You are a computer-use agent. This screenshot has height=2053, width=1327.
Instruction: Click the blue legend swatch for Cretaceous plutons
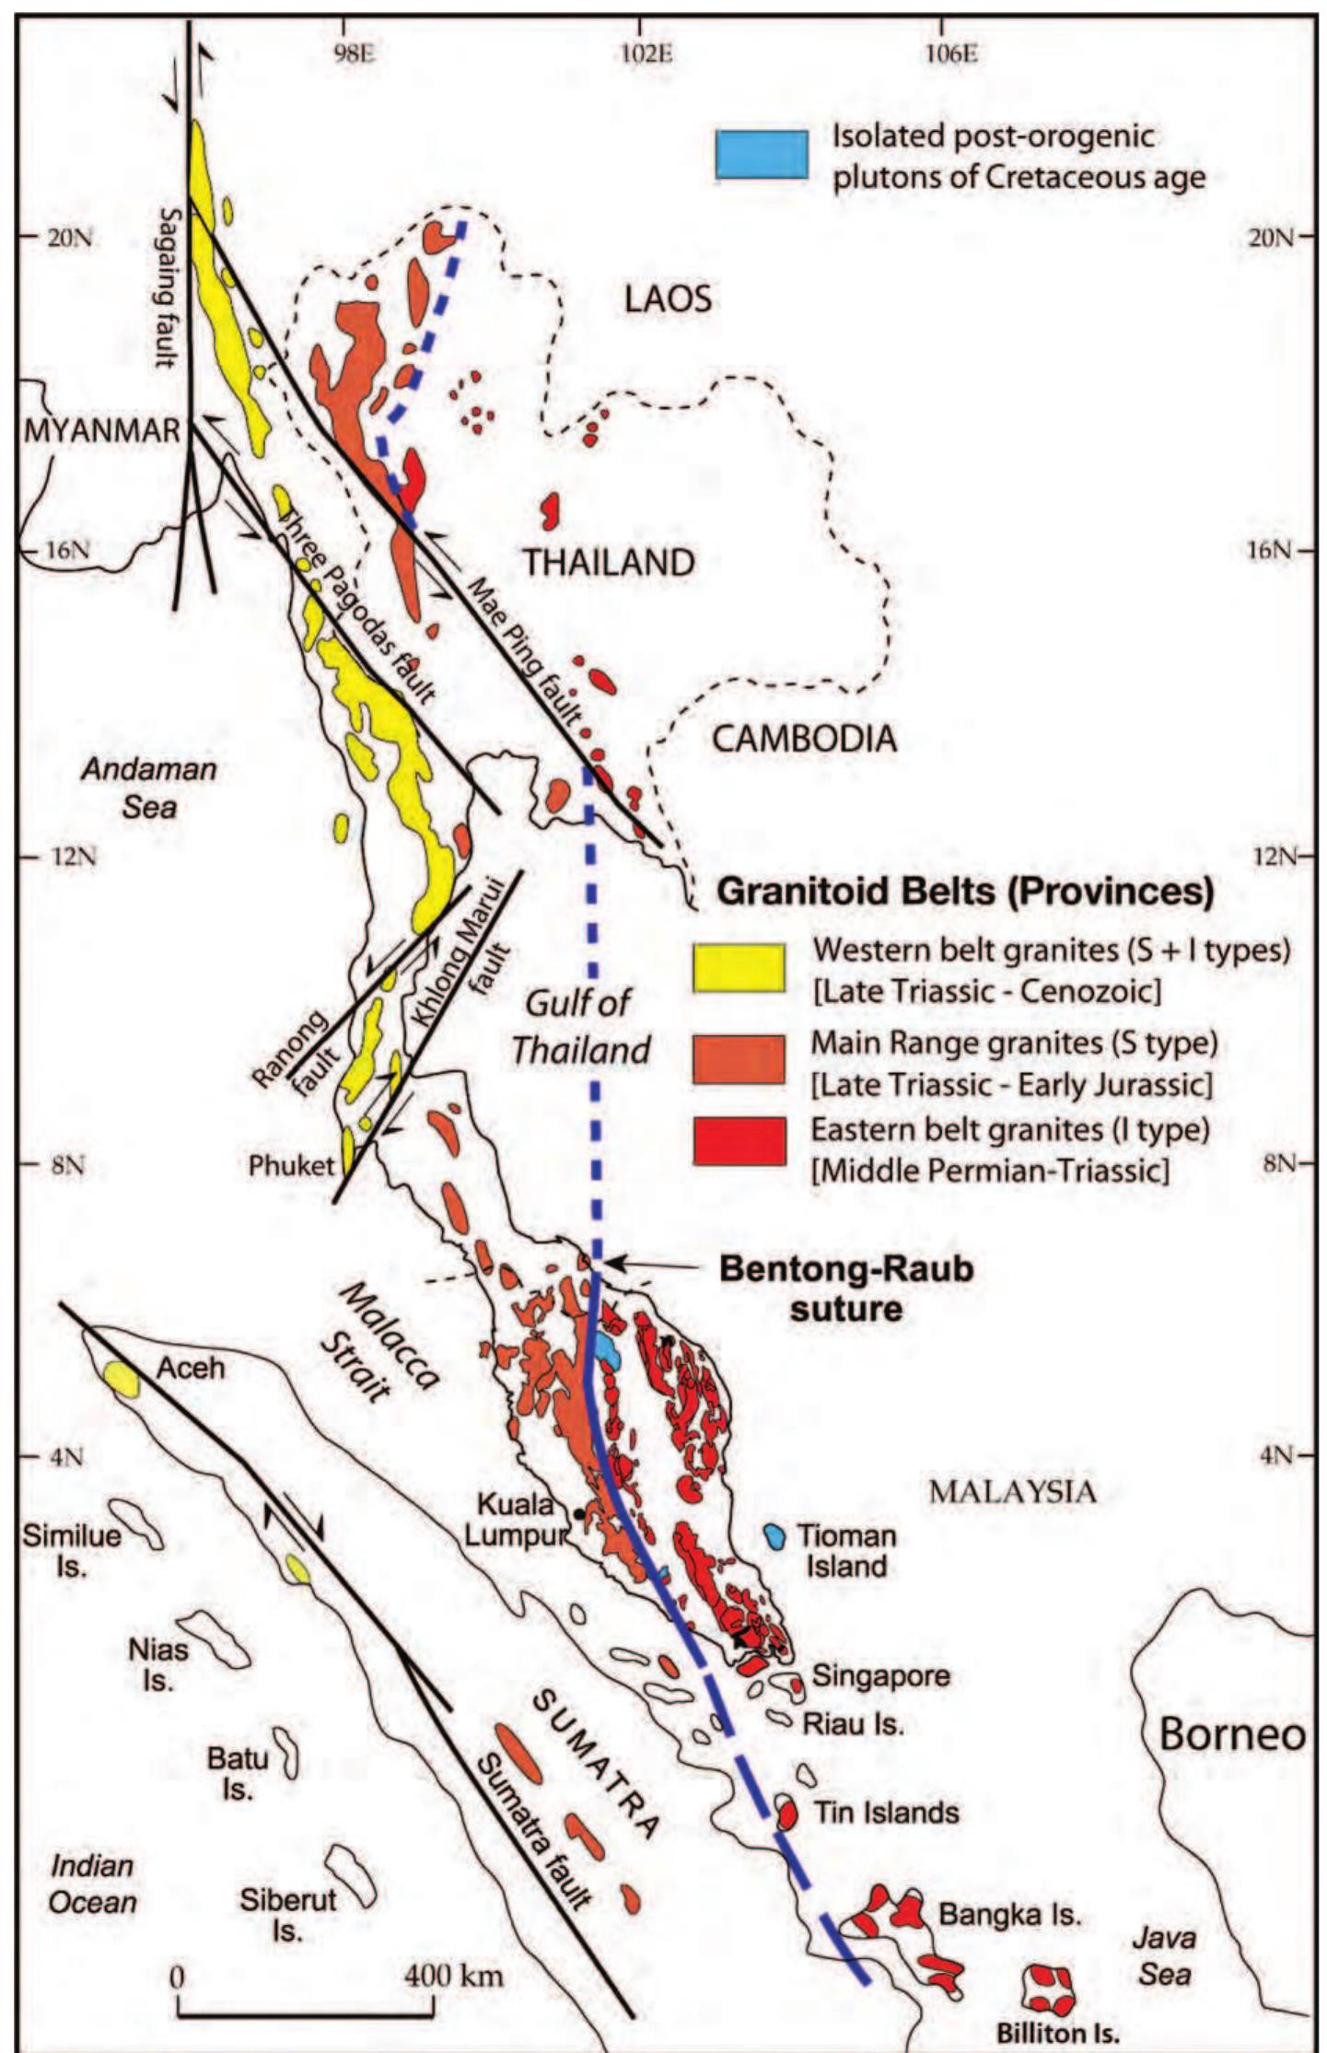pyautogui.click(x=762, y=154)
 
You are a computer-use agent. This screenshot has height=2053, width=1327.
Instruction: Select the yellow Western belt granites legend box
pyautogui.click(x=739, y=968)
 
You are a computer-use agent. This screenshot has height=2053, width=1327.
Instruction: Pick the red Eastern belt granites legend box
pyautogui.click(x=739, y=1141)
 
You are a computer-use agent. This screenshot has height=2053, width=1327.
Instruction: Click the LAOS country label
pyautogui.click(x=668, y=299)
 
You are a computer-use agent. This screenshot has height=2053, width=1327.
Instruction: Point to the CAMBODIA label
pyautogui.click(x=804, y=739)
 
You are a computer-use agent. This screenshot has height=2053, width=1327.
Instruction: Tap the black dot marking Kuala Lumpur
pyautogui.click(x=578, y=1513)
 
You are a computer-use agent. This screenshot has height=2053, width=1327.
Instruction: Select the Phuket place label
pyautogui.click(x=291, y=1165)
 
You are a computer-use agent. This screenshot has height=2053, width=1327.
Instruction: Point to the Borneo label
pyautogui.click(x=1231, y=1735)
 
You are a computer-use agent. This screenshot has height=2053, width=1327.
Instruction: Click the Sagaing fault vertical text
pyautogui.click(x=167, y=286)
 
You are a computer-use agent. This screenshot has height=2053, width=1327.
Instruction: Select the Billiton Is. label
pyautogui.click(x=1057, y=2033)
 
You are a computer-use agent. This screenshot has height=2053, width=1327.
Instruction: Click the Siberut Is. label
pyautogui.click(x=288, y=1914)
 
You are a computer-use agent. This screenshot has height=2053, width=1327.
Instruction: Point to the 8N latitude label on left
pyautogui.click(x=66, y=1166)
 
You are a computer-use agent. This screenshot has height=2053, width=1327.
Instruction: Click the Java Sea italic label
pyautogui.click(x=1164, y=1956)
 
